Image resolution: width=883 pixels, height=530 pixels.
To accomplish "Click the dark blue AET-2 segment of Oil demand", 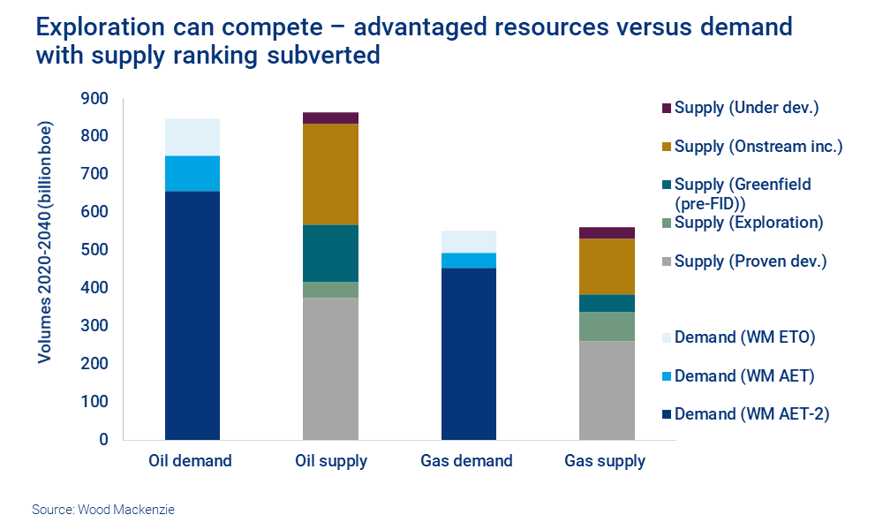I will pyautogui.click(x=192, y=314).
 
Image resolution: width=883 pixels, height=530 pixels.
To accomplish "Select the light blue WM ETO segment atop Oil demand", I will pyautogui.click(x=192, y=137).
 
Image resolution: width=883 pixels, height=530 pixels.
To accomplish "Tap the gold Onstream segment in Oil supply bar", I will pyautogui.click(x=330, y=174).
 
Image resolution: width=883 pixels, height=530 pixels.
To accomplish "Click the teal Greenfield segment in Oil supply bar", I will pyautogui.click(x=330, y=253).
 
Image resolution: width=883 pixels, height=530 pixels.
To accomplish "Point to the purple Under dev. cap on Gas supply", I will pyautogui.click(x=607, y=232).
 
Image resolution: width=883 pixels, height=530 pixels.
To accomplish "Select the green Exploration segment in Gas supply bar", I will pyautogui.click(x=607, y=326).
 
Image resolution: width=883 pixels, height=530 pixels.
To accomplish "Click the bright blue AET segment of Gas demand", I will pyautogui.click(x=468, y=260).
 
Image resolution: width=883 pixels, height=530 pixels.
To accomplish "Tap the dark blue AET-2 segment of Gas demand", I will pyautogui.click(x=468, y=353).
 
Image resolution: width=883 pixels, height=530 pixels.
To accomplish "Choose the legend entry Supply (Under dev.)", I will pyautogui.click(x=746, y=108).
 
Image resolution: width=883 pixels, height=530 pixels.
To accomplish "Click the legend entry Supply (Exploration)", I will pyautogui.click(x=748, y=223).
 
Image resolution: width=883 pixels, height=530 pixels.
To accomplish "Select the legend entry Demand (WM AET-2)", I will pyautogui.click(x=751, y=413).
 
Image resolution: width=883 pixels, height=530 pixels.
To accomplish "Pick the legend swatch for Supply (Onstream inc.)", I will pyautogui.click(x=667, y=147).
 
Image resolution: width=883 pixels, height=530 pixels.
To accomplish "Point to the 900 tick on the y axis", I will pyautogui.click(x=94, y=98).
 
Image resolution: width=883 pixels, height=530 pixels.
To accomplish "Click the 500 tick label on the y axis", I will pyautogui.click(x=94, y=250).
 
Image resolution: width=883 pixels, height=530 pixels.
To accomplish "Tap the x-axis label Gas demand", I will pyautogui.click(x=468, y=461).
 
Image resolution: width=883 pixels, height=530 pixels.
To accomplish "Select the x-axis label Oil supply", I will pyautogui.click(x=330, y=461).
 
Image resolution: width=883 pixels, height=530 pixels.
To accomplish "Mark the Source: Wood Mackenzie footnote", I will pyautogui.click(x=103, y=510).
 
